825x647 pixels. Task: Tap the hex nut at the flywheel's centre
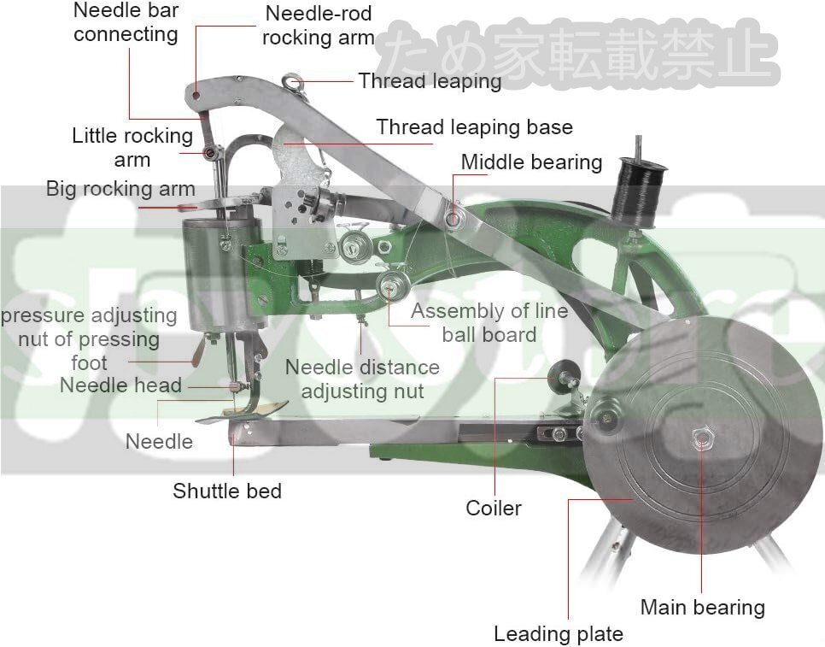point(702,439)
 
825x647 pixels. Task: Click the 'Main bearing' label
point(702,608)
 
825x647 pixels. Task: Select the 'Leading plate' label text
point(558,634)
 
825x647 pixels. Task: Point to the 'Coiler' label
point(493,509)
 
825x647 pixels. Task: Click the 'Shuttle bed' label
point(226,491)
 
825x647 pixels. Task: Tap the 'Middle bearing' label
point(531,162)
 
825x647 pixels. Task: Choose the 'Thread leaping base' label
point(474,127)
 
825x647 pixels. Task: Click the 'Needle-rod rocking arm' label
point(318,26)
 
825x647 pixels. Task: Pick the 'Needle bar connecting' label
point(126,22)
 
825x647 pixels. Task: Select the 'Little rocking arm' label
point(132,147)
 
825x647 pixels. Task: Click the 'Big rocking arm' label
point(120,189)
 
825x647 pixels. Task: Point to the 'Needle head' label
point(120,385)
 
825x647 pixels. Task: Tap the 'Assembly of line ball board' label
point(489,322)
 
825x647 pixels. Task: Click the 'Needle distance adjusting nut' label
point(362,379)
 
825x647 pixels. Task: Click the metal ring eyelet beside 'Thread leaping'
point(295,82)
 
